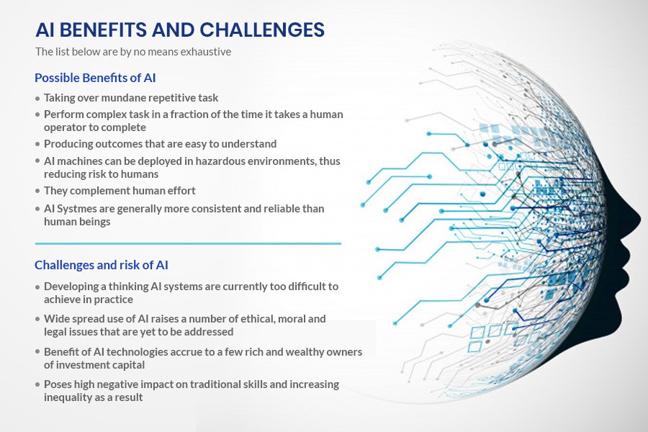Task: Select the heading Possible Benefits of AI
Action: point(95,78)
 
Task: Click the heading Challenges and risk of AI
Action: point(102,265)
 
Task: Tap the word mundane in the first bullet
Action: point(122,97)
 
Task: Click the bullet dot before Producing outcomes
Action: point(37,145)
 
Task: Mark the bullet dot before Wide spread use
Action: point(37,319)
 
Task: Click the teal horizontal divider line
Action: point(187,243)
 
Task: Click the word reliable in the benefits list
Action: point(288,208)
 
